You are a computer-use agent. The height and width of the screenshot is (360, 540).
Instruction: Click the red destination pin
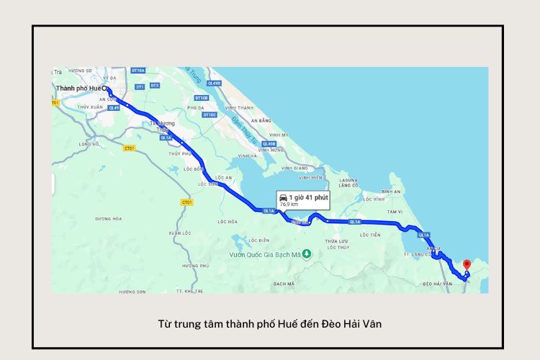pos(466,265)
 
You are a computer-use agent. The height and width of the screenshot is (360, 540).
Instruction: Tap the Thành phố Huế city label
pos(79,88)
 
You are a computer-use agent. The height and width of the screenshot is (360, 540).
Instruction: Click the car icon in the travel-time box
pos(283,197)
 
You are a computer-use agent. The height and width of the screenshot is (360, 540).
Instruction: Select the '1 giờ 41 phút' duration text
pos(309,197)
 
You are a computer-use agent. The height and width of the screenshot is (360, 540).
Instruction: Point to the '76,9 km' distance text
pos(289,204)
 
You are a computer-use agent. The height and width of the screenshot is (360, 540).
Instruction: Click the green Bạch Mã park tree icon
pos(307,253)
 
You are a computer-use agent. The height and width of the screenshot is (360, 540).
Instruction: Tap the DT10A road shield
pos(138,71)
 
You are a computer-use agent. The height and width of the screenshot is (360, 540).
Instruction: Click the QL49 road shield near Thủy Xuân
pos(113,107)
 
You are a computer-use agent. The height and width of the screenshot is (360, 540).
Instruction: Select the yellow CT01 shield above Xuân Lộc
pos(186,202)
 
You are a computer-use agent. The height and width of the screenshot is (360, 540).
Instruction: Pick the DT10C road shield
pos(210,114)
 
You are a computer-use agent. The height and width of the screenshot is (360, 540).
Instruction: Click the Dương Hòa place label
pos(108,218)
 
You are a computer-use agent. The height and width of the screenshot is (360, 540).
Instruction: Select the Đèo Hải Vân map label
pos(438,284)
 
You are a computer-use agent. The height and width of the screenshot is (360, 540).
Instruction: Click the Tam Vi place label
pos(395,212)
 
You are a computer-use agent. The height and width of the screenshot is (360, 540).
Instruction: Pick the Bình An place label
pos(391,192)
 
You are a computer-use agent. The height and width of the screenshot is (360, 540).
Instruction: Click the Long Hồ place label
pos(89,144)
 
